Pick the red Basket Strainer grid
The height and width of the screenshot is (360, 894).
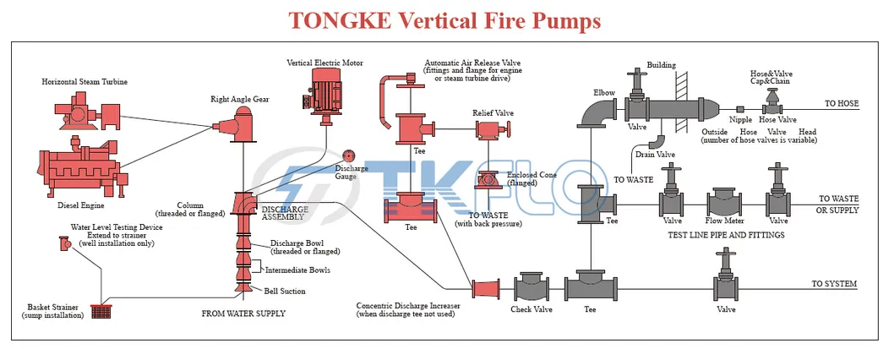click(101, 310)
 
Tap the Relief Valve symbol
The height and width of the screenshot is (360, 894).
click(488, 130)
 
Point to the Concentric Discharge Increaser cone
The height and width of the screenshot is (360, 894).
click(485, 290)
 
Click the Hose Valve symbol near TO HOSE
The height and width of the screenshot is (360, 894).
click(771, 104)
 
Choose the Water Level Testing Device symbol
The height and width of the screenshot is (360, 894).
click(63, 243)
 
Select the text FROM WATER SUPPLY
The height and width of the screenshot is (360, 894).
click(243, 314)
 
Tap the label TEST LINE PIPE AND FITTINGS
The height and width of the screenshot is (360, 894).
click(726, 234)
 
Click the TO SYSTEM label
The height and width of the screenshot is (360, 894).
click(834, 283)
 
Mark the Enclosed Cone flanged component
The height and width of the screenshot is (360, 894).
click(488, 180)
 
